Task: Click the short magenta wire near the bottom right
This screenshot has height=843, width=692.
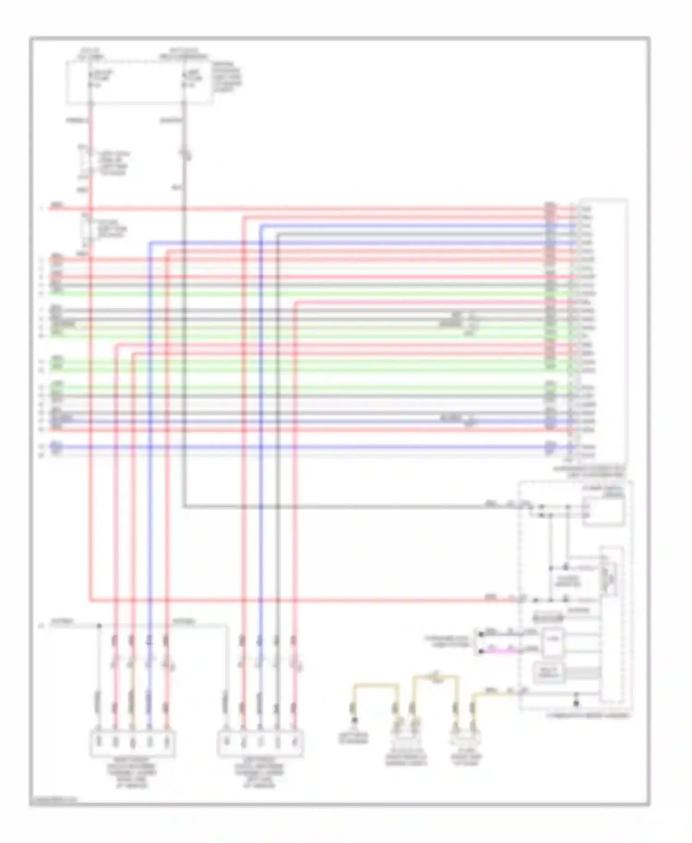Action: tap(503, 651)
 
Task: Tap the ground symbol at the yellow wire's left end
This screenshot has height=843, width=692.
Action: tap(354, 720)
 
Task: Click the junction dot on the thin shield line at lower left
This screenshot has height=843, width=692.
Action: tap(99, 626)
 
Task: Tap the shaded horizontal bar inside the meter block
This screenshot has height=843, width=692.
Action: tap(548, 617)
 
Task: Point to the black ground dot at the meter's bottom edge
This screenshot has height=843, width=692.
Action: tap(575, 703)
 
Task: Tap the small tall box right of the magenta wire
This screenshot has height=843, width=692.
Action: tap(552, 642)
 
